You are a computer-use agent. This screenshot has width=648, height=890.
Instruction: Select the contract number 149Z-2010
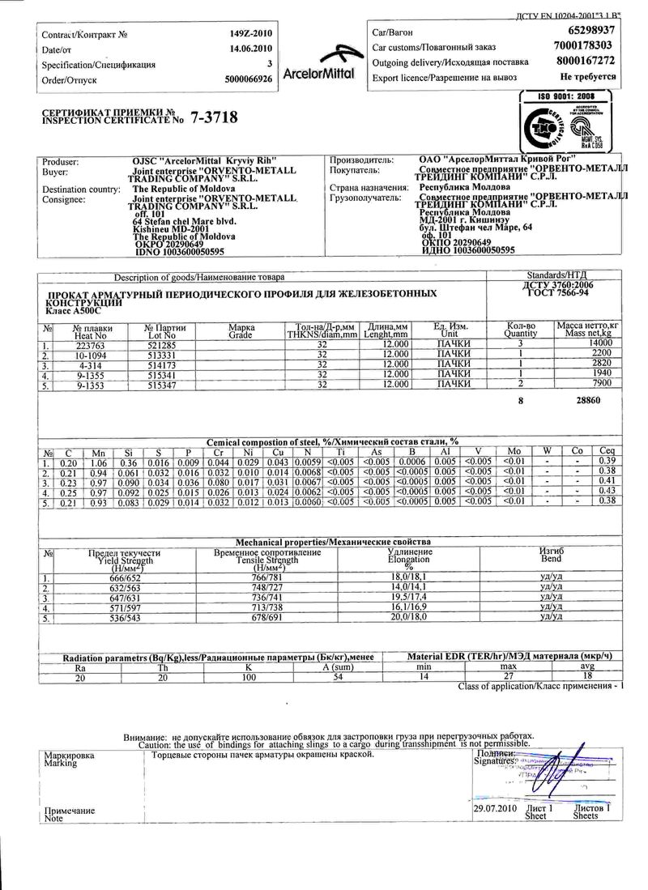pos(251,34)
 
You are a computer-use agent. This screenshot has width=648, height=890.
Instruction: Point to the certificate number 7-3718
pos(215,117)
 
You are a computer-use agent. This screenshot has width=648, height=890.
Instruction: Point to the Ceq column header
pos(606,451)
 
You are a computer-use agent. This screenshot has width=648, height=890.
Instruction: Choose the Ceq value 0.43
pos(606,491)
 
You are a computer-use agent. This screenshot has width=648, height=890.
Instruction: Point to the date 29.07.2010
pos(495,808)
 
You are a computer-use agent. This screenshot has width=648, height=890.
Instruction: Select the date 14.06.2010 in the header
pos(251,49)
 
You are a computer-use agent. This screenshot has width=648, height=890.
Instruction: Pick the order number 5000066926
pos(249,79)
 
